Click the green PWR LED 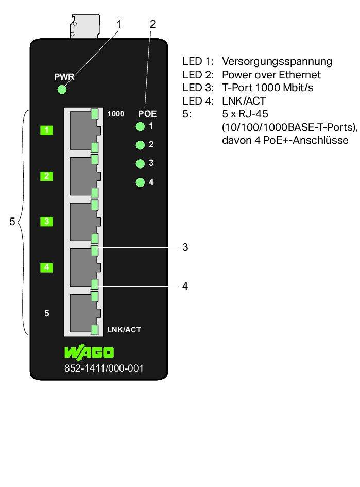(62, 90)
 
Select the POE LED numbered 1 (139, 127)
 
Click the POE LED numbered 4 (139, 182)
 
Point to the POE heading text (147, 114)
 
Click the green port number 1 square (47, 130)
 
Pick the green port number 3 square (47, 222)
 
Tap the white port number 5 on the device (47, 313)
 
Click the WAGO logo (89, 353)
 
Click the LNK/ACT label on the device (124, 329)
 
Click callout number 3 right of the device (185, 248)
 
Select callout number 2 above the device (152, 24)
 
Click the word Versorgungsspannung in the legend (277, 61)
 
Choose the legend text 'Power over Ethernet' (271, 75)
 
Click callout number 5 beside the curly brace (12, 222)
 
